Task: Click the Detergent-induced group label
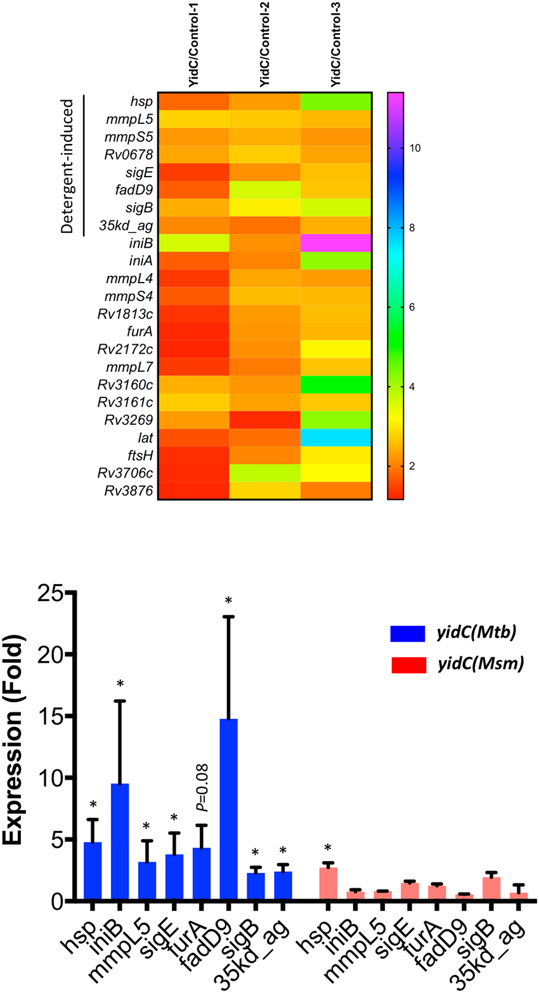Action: tap(68, 165)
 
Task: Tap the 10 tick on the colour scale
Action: tap(415, 148)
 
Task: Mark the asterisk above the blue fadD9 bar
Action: tap(228, 601)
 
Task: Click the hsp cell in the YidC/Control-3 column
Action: tap(335, 102)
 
